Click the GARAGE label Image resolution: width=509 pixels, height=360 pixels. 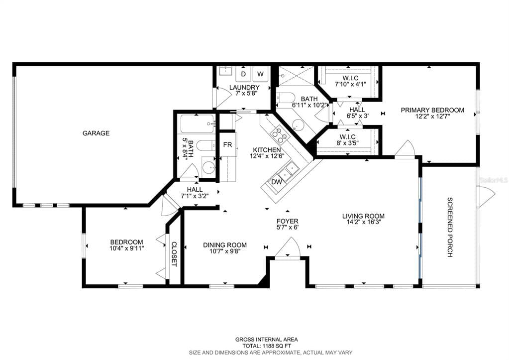pos(96,133)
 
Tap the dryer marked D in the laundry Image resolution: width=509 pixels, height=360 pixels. pos(243,74)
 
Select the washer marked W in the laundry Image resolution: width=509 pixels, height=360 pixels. pos(260,74)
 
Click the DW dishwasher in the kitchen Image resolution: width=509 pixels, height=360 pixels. pos(276,182)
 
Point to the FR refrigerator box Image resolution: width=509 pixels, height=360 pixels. pos(227,145)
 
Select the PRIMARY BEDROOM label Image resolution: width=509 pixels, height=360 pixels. pos(432,111)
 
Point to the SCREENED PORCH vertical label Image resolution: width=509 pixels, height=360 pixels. pos(450,227)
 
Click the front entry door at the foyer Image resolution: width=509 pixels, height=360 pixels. pos(288,248)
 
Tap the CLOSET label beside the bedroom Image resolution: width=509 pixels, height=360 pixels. pos(174,254)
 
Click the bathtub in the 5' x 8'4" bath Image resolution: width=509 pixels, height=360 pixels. pos(197,123)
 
